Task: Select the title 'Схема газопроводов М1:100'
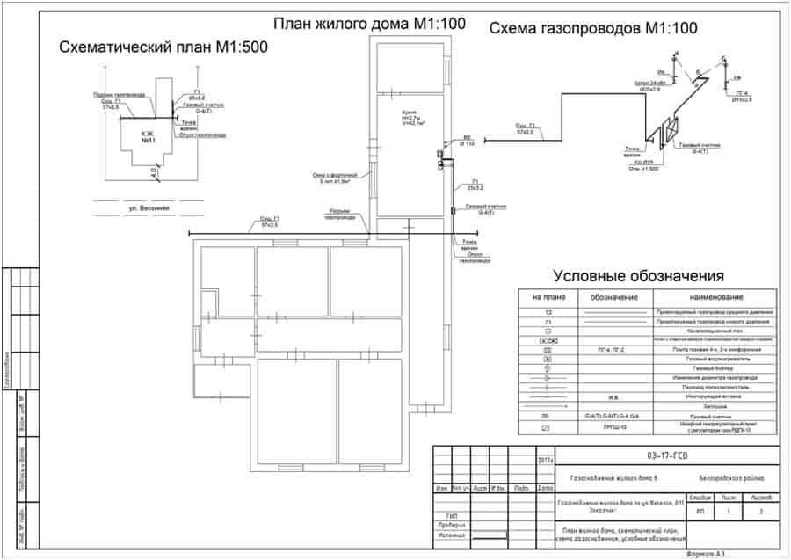tap(593, 29)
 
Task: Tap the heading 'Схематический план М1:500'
tap(163, 47)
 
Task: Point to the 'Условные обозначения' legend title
tap(638, 276)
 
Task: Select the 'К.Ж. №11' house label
tap(148, 136)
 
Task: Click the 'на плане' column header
tap(547, 297)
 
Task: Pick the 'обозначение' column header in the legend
tap(613, 297)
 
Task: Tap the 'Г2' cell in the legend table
tap(547, 312)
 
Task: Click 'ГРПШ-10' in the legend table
tap(613, 427)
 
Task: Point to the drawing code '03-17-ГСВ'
tap(664, 456)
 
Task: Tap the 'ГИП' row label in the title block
tap(452, 515)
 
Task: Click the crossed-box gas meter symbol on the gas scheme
tap(671, 128)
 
